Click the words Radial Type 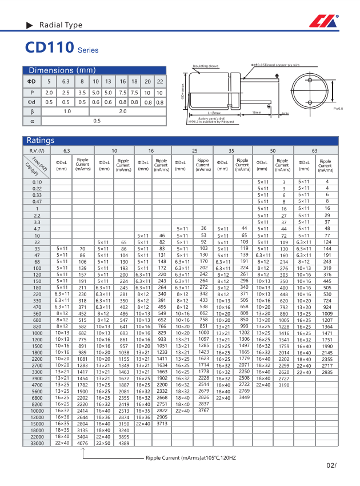coord(61,25)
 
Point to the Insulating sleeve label coord(206,66)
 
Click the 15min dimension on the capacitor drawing coord(257,113)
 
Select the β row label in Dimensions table coord(33,111)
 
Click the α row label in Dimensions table coord(33,121)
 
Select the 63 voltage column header coord(314,150)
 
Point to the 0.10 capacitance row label coord(38,181)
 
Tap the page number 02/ coord(331,466)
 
